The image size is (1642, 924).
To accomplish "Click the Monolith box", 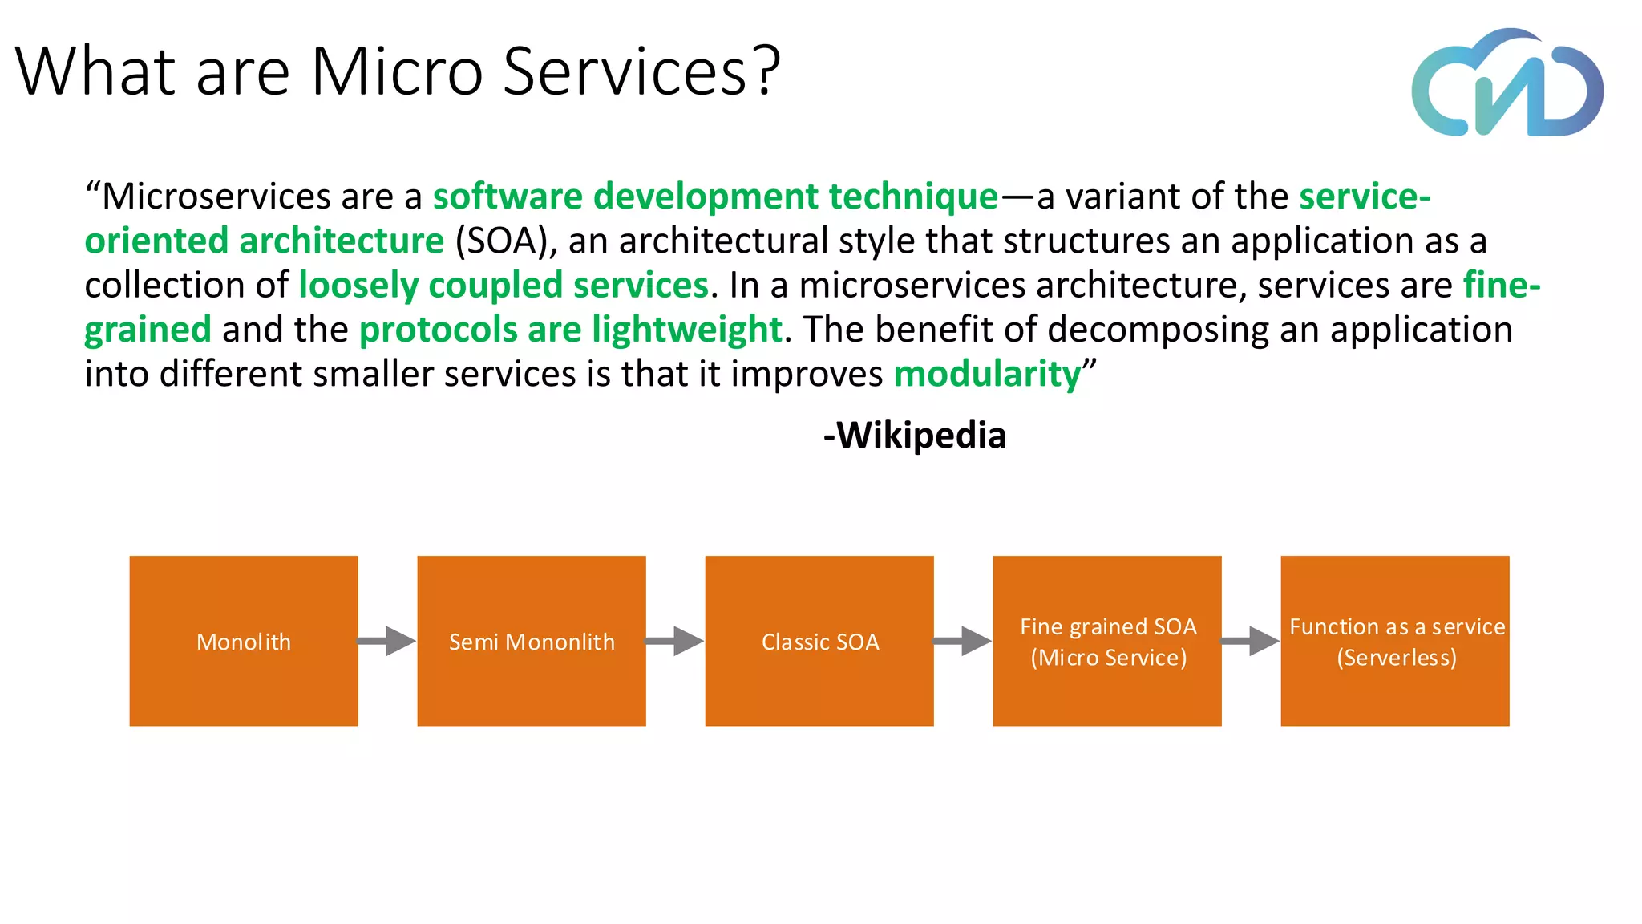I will click(x=244, y=641).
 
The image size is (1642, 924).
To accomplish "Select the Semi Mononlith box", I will click(x=532, y=641).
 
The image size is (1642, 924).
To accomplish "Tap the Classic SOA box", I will click(x=819, y=641).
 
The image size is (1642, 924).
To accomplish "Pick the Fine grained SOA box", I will click(x=1107, y=641).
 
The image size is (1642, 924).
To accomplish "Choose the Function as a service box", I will click(x=1395, y=641).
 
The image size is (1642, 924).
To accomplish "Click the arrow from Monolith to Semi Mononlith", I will click(x=387, y=641).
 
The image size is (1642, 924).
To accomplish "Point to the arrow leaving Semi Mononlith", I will click(x=675, y=641).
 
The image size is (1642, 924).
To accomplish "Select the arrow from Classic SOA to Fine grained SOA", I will click(x=963, y=641).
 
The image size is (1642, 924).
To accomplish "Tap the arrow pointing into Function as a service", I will click(x=1251, y=641).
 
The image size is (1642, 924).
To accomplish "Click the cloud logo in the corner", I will click(x=1507, y=84).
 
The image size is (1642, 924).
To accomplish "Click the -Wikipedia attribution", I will click(x=915, y=436).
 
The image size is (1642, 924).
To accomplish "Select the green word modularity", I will click(x=987, y=374).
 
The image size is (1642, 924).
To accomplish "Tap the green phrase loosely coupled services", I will click(x=504, y=286).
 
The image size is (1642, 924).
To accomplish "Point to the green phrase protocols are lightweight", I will click(x=570, y=330).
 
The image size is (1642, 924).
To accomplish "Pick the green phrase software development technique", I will click(x=715, y=197).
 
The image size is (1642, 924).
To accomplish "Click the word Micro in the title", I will click(x=397, y=72).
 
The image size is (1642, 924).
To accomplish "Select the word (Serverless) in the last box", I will click(x=1396, y=658).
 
